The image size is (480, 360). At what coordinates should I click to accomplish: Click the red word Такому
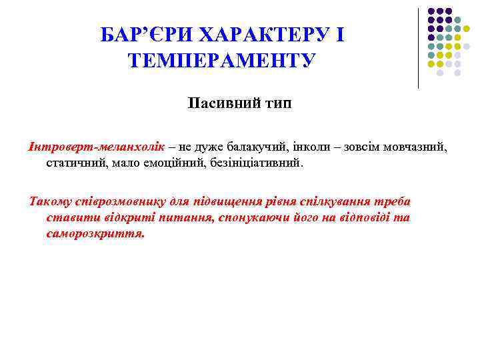pyautogui.click(x=48, y=201)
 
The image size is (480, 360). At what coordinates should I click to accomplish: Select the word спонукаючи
pyautogui.click(x=246, y=218)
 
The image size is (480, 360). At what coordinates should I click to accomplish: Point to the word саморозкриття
pyautogui.click(x=95, y=235)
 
